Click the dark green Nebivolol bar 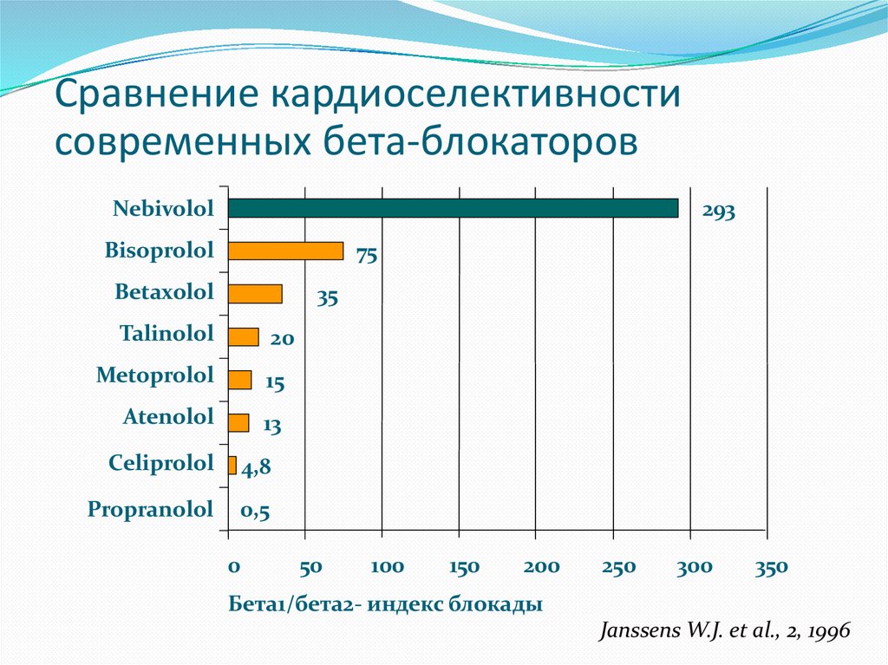click(x=453, y=208)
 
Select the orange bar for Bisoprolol click(x=285, y=251)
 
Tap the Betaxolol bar click(x=255, y=294)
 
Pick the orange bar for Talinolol click(x=243, y=336)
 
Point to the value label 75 click(x=366, y=256)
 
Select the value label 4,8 click(x=256, y=469)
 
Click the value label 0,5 click(x=255, y=512)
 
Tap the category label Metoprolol click(x=154, y=376)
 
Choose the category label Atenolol click(x=168, y=417)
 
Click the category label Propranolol click(x=150, y=509)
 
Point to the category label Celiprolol click(x=160, y=463)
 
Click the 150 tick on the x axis click(x=465, y=567)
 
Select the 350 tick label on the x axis click(x=771, y=567)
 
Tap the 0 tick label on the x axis click(x=233, y=567)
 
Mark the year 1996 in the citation click(x=830, y=631)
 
